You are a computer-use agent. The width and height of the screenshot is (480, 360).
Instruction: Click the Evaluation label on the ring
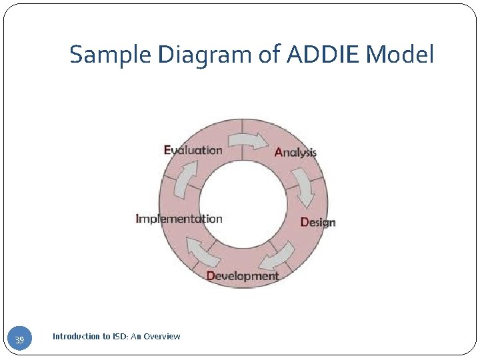tap(193, 150)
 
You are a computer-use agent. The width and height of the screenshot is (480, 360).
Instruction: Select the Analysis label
tap(295, 152)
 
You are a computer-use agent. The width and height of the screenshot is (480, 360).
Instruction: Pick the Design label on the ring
tap(318, 222)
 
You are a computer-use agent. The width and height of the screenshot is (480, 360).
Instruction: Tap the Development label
tap(243, 275)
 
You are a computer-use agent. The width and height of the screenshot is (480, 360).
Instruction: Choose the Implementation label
tap(179, 219)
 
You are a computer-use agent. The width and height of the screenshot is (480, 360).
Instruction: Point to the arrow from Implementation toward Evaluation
tap(186, 181)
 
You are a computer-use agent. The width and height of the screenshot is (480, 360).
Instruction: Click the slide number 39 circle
tap(20, 341)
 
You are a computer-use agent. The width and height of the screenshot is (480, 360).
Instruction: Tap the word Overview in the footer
tap(162, 337)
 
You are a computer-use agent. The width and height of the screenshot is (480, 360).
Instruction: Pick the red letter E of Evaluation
tap(167, 150)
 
